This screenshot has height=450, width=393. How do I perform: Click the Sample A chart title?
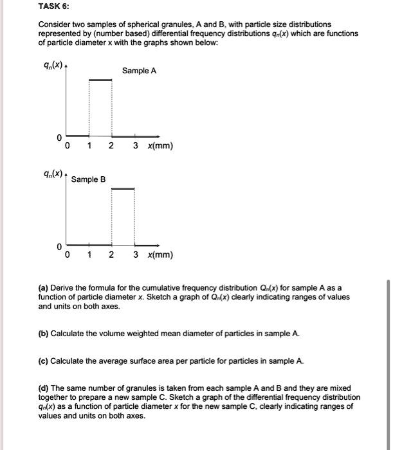139,71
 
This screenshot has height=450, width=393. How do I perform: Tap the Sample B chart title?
89,179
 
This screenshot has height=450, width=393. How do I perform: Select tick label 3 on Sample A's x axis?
135,146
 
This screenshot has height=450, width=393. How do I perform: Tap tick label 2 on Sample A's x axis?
111,146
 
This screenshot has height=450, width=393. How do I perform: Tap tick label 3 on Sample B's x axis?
135,255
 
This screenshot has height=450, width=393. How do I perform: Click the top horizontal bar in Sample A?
100,80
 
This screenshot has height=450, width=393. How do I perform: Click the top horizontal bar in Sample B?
123,188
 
